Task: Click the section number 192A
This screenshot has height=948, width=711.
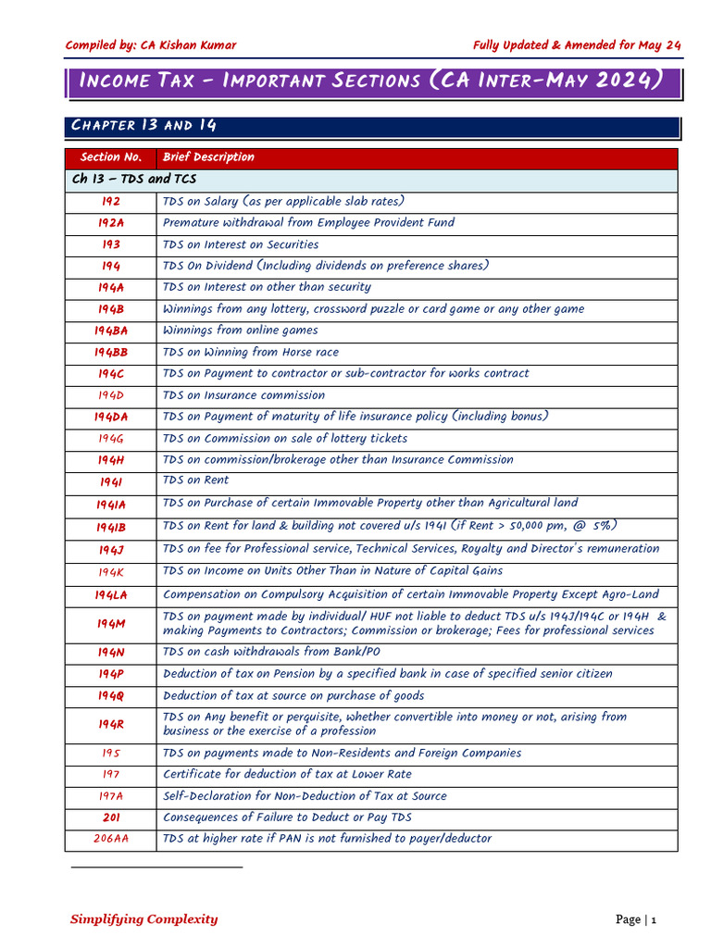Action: click(x=111, y=223)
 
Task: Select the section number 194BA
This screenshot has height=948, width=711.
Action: click(x=111, y=331)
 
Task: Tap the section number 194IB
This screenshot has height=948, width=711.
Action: click(x=111, y=527)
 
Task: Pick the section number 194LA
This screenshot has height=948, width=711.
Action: click(x=111, y=595)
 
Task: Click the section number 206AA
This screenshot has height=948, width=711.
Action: click(x=111, y=839)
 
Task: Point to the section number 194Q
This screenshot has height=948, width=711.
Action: click(x=111, y=696)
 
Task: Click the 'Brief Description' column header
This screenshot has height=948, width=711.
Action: click(x=208, y=157)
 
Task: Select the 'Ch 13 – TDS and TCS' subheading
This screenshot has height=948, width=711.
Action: click(x=134, y=180)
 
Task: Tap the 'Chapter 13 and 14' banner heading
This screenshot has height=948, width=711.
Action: click(x=144, y=126)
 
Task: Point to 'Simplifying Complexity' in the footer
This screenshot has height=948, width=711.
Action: click(x=144, y=919)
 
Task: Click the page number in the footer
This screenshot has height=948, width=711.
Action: click(x=653, y=919)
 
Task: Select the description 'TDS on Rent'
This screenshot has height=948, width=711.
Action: click(x=195, y=480)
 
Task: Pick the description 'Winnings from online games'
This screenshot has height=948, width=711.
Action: click(x=240, y=331)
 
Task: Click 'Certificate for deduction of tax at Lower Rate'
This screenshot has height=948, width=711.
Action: click(x=287, y=774)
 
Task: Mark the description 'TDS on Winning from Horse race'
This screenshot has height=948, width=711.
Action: click(x=251, y=352)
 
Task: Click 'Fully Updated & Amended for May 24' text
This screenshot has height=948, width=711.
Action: click(x=577, y=45)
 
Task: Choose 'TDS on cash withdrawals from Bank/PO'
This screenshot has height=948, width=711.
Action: click(x=271, y=653)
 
